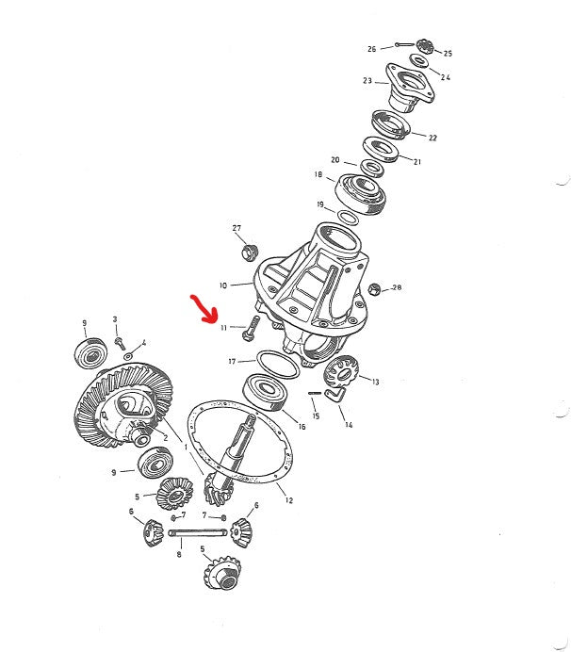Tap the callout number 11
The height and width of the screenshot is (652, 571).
click(x=223, y=328)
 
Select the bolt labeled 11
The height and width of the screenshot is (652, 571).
click(x=251, y=329)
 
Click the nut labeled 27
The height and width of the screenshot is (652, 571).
click(x=250, y=252)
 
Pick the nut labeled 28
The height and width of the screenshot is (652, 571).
click(x=374, y=289)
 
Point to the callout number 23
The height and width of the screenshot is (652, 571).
click(x=367, y=81)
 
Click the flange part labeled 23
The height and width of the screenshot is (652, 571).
click(x=409, y=88)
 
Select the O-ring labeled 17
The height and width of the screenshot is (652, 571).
click(x=278, y=365)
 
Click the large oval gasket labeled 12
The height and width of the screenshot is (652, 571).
click(x=240, y=442)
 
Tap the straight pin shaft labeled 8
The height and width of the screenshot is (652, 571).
click(x=198, y=532)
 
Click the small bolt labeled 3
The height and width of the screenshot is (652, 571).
click(x=120, y=344)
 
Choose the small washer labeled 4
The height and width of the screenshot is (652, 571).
click(x=128, y=356)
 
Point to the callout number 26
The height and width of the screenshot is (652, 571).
click(x=371, y=49)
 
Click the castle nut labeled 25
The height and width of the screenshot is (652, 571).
click(x=425, y=46)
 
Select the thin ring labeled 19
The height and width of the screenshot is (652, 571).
click(x=348, y=218)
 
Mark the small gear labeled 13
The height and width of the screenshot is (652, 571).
click(x=341, y=373)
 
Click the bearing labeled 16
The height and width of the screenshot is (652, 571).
click(x=267, y=392)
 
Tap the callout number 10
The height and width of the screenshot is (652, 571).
click(x=223, y=285)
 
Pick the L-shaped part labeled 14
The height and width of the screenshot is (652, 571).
click(x=335, y=394)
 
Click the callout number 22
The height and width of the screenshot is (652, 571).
click(x=432, y=138)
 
